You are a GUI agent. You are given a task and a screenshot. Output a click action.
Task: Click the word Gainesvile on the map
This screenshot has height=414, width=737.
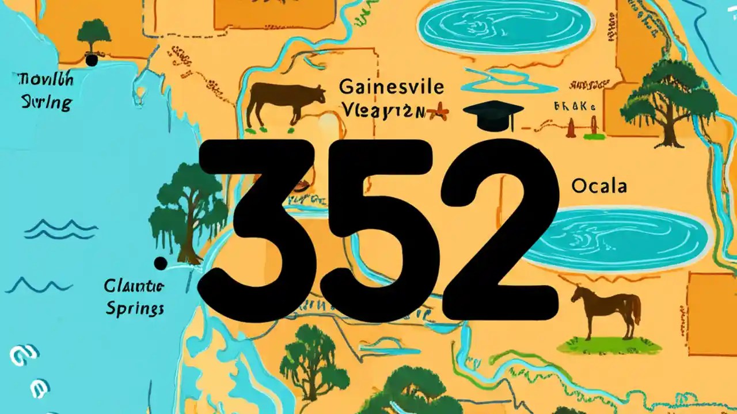(392, 87)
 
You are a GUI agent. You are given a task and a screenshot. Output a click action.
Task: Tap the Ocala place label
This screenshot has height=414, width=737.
(599, 186)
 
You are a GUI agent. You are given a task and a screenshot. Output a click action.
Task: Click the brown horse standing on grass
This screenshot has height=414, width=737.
(607, 311)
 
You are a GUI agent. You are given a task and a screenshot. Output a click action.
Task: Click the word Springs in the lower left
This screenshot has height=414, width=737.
(135, 308)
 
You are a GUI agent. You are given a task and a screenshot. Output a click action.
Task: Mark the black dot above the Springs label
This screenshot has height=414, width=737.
(161, 263)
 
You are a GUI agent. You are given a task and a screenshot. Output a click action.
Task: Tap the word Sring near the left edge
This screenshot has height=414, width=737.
(47, 103)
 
